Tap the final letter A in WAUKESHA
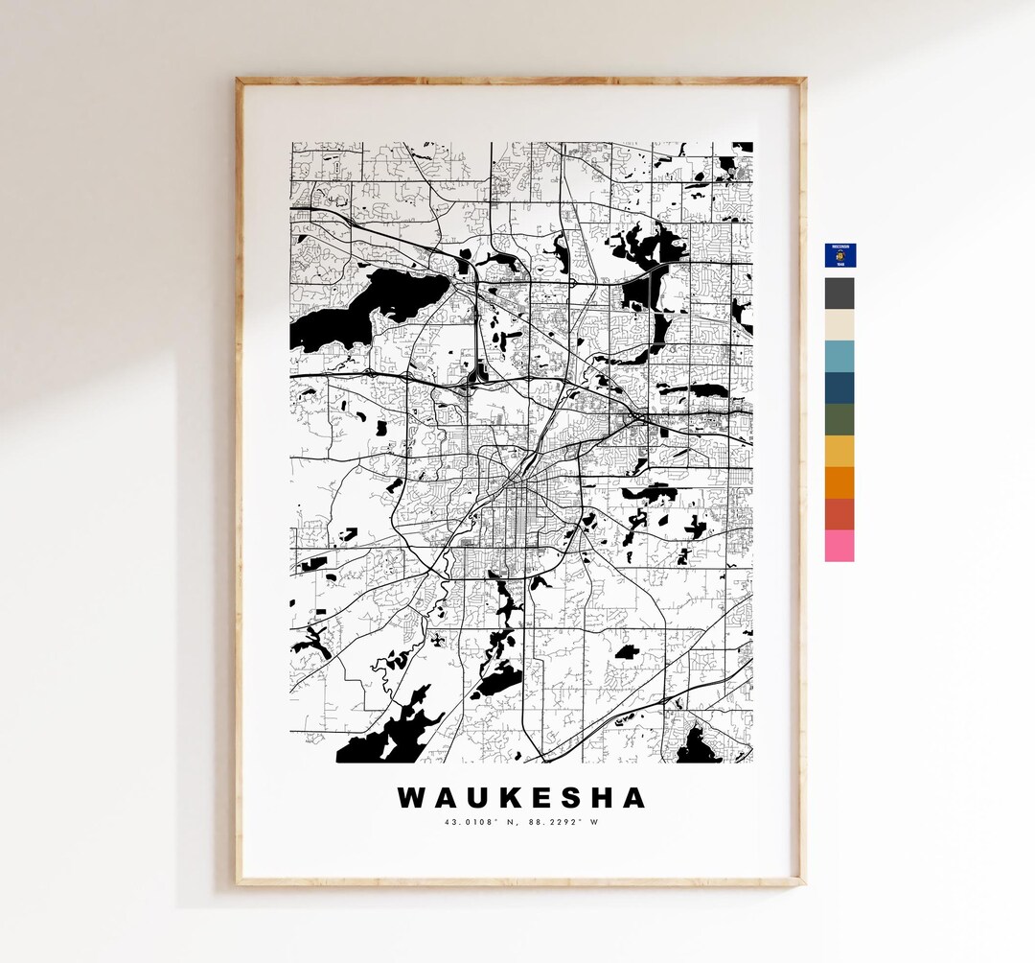tap(632, 798)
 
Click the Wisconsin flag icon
tap(840, 254)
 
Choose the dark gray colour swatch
tap(839, 293)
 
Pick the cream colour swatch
tap(839, 325)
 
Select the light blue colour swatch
tap(839, 357)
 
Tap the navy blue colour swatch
tap(839, 388)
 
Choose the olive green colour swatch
tap(839, 420)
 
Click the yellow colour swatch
tap(839, 452)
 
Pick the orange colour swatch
tap(839, 483)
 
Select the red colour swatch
tap(839, 514)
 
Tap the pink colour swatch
tap(839, 546)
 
